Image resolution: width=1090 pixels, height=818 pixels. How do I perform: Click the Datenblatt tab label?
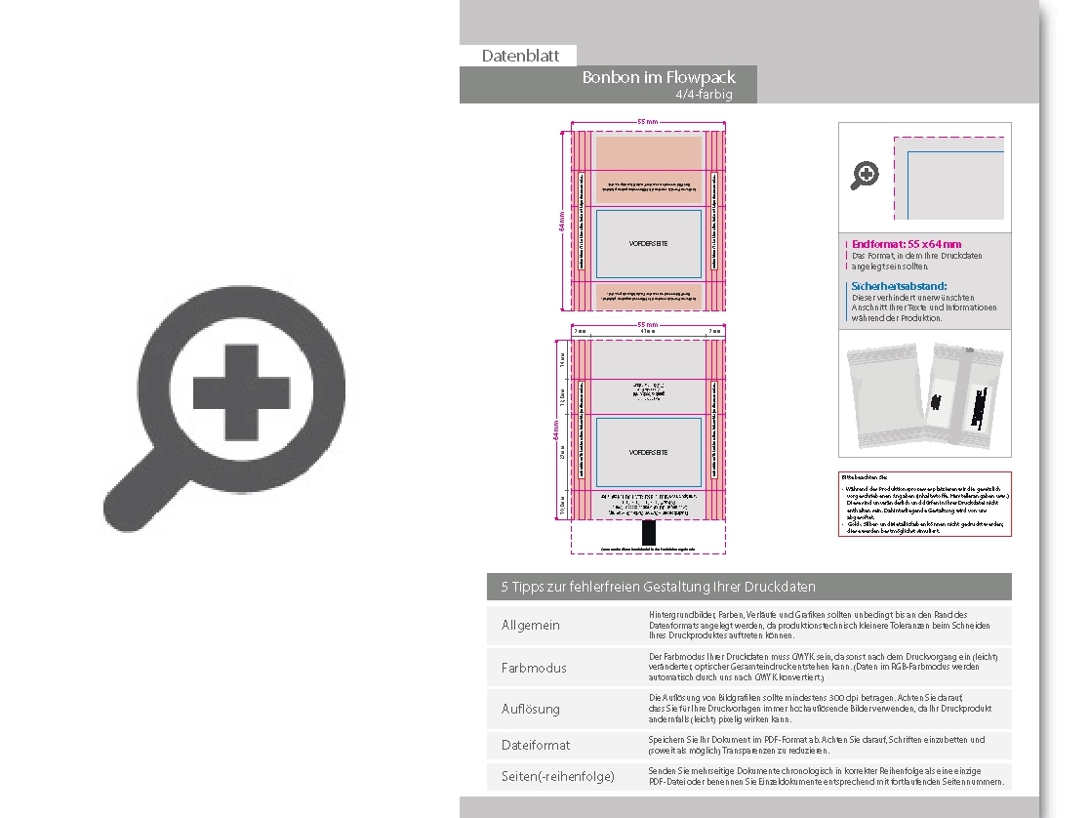tap(517, 56)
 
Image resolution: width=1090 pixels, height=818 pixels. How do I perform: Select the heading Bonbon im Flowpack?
tap(658, 77)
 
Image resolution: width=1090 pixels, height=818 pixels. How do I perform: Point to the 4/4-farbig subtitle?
tap(703, 95)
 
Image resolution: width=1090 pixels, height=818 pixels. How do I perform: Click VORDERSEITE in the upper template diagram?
tap(648, 243)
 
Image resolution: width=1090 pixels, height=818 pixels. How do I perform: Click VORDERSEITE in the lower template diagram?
tap(648, 453)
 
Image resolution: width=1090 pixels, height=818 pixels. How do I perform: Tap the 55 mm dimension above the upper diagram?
tap(647, 121)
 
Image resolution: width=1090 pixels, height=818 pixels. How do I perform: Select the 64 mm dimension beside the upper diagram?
tap(561, 222)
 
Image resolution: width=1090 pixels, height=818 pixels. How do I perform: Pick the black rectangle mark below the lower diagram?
tap(649, 532)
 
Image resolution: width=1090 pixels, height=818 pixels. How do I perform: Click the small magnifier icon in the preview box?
tap(866, 175)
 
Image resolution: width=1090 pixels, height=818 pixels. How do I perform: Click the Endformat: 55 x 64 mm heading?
tap(906, 244)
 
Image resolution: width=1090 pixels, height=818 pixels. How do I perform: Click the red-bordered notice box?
tap(924, 504)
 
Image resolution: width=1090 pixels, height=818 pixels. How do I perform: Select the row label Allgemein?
tap(531, 625)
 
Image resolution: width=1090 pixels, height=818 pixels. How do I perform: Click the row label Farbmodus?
tap(534, 668)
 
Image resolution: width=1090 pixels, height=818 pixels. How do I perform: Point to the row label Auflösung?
tap(531, 709)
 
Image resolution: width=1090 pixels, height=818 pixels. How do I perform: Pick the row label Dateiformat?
tap(536, 745)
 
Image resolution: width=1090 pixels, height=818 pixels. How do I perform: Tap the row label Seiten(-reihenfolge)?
tap(558, 776)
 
